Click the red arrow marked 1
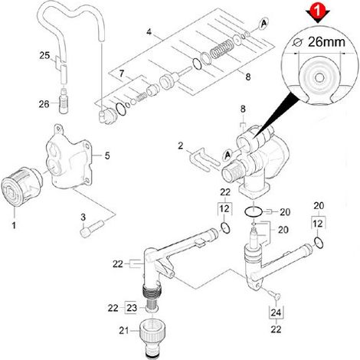coord(318,12)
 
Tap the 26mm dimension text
coord(326,42)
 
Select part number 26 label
coord(44,104)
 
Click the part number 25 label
coord(44,55)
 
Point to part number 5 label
coord(107,155)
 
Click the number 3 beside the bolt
coord(83,218)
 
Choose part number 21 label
coord(124,331)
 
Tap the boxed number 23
coord(132,308)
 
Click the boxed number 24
coord(276,313)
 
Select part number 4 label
coord(149,32)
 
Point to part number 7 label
coord(122,74)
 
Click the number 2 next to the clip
coord(181,146)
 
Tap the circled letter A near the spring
coord(263,24)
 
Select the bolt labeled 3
coord(91,229)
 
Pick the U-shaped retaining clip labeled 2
coord(204,159)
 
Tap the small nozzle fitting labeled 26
coord(64,100)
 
